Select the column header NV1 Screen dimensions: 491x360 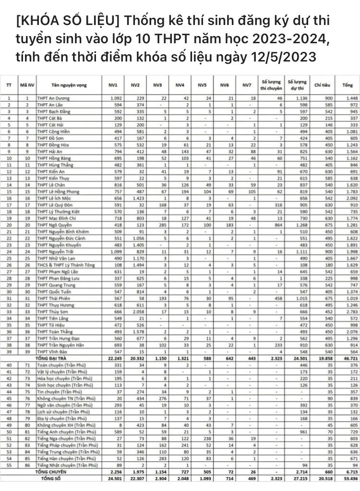point(114,85)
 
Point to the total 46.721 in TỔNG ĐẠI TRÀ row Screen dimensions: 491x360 point(345,358)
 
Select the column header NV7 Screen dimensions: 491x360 point(247,85)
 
